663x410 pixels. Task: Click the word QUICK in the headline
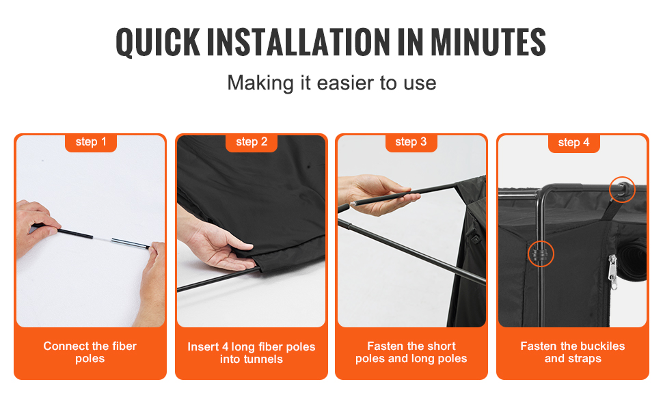pos(158,42)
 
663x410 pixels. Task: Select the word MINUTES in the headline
pos(489,42)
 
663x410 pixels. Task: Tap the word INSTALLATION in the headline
pos(299,42)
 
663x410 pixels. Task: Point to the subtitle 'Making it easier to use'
pos(331,83)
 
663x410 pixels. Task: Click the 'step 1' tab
pos(90,142)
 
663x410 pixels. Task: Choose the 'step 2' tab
pos(252,142)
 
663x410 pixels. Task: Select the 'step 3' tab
pos(411,142)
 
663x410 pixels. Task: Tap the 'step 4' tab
pos(573,142)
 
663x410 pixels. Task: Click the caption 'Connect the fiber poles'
pos(90,352)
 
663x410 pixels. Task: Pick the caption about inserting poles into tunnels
pos(251,353)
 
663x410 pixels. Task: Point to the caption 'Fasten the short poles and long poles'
pos(411,352)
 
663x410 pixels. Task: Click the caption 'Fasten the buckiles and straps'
pos(573,352)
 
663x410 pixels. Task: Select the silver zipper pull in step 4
pos(612,271)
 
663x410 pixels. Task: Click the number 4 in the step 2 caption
pos(226,346)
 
